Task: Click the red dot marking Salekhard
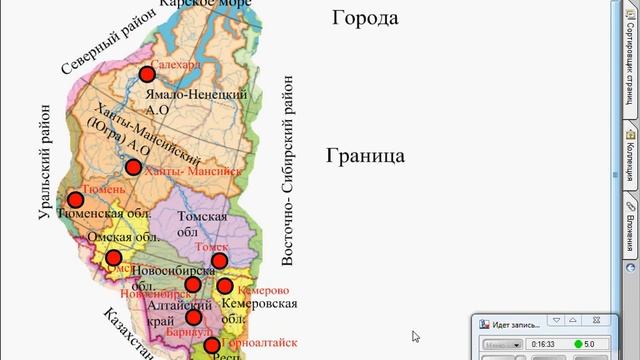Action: [x=147, y=73]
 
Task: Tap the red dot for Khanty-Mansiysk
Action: [x=133, y=167]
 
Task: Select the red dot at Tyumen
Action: [x=74, y=200]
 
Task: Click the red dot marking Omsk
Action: [x=113, y=259]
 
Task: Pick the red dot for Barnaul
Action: [x=193, y=317]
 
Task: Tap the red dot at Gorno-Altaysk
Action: [x=212, y=346]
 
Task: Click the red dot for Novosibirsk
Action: [x=195, y=284]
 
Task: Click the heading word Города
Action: [x=365, y=18]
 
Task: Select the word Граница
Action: [x=365, y=156]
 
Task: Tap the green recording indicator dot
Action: [x=578, y=344]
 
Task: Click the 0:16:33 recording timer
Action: [x=543, y=344]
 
